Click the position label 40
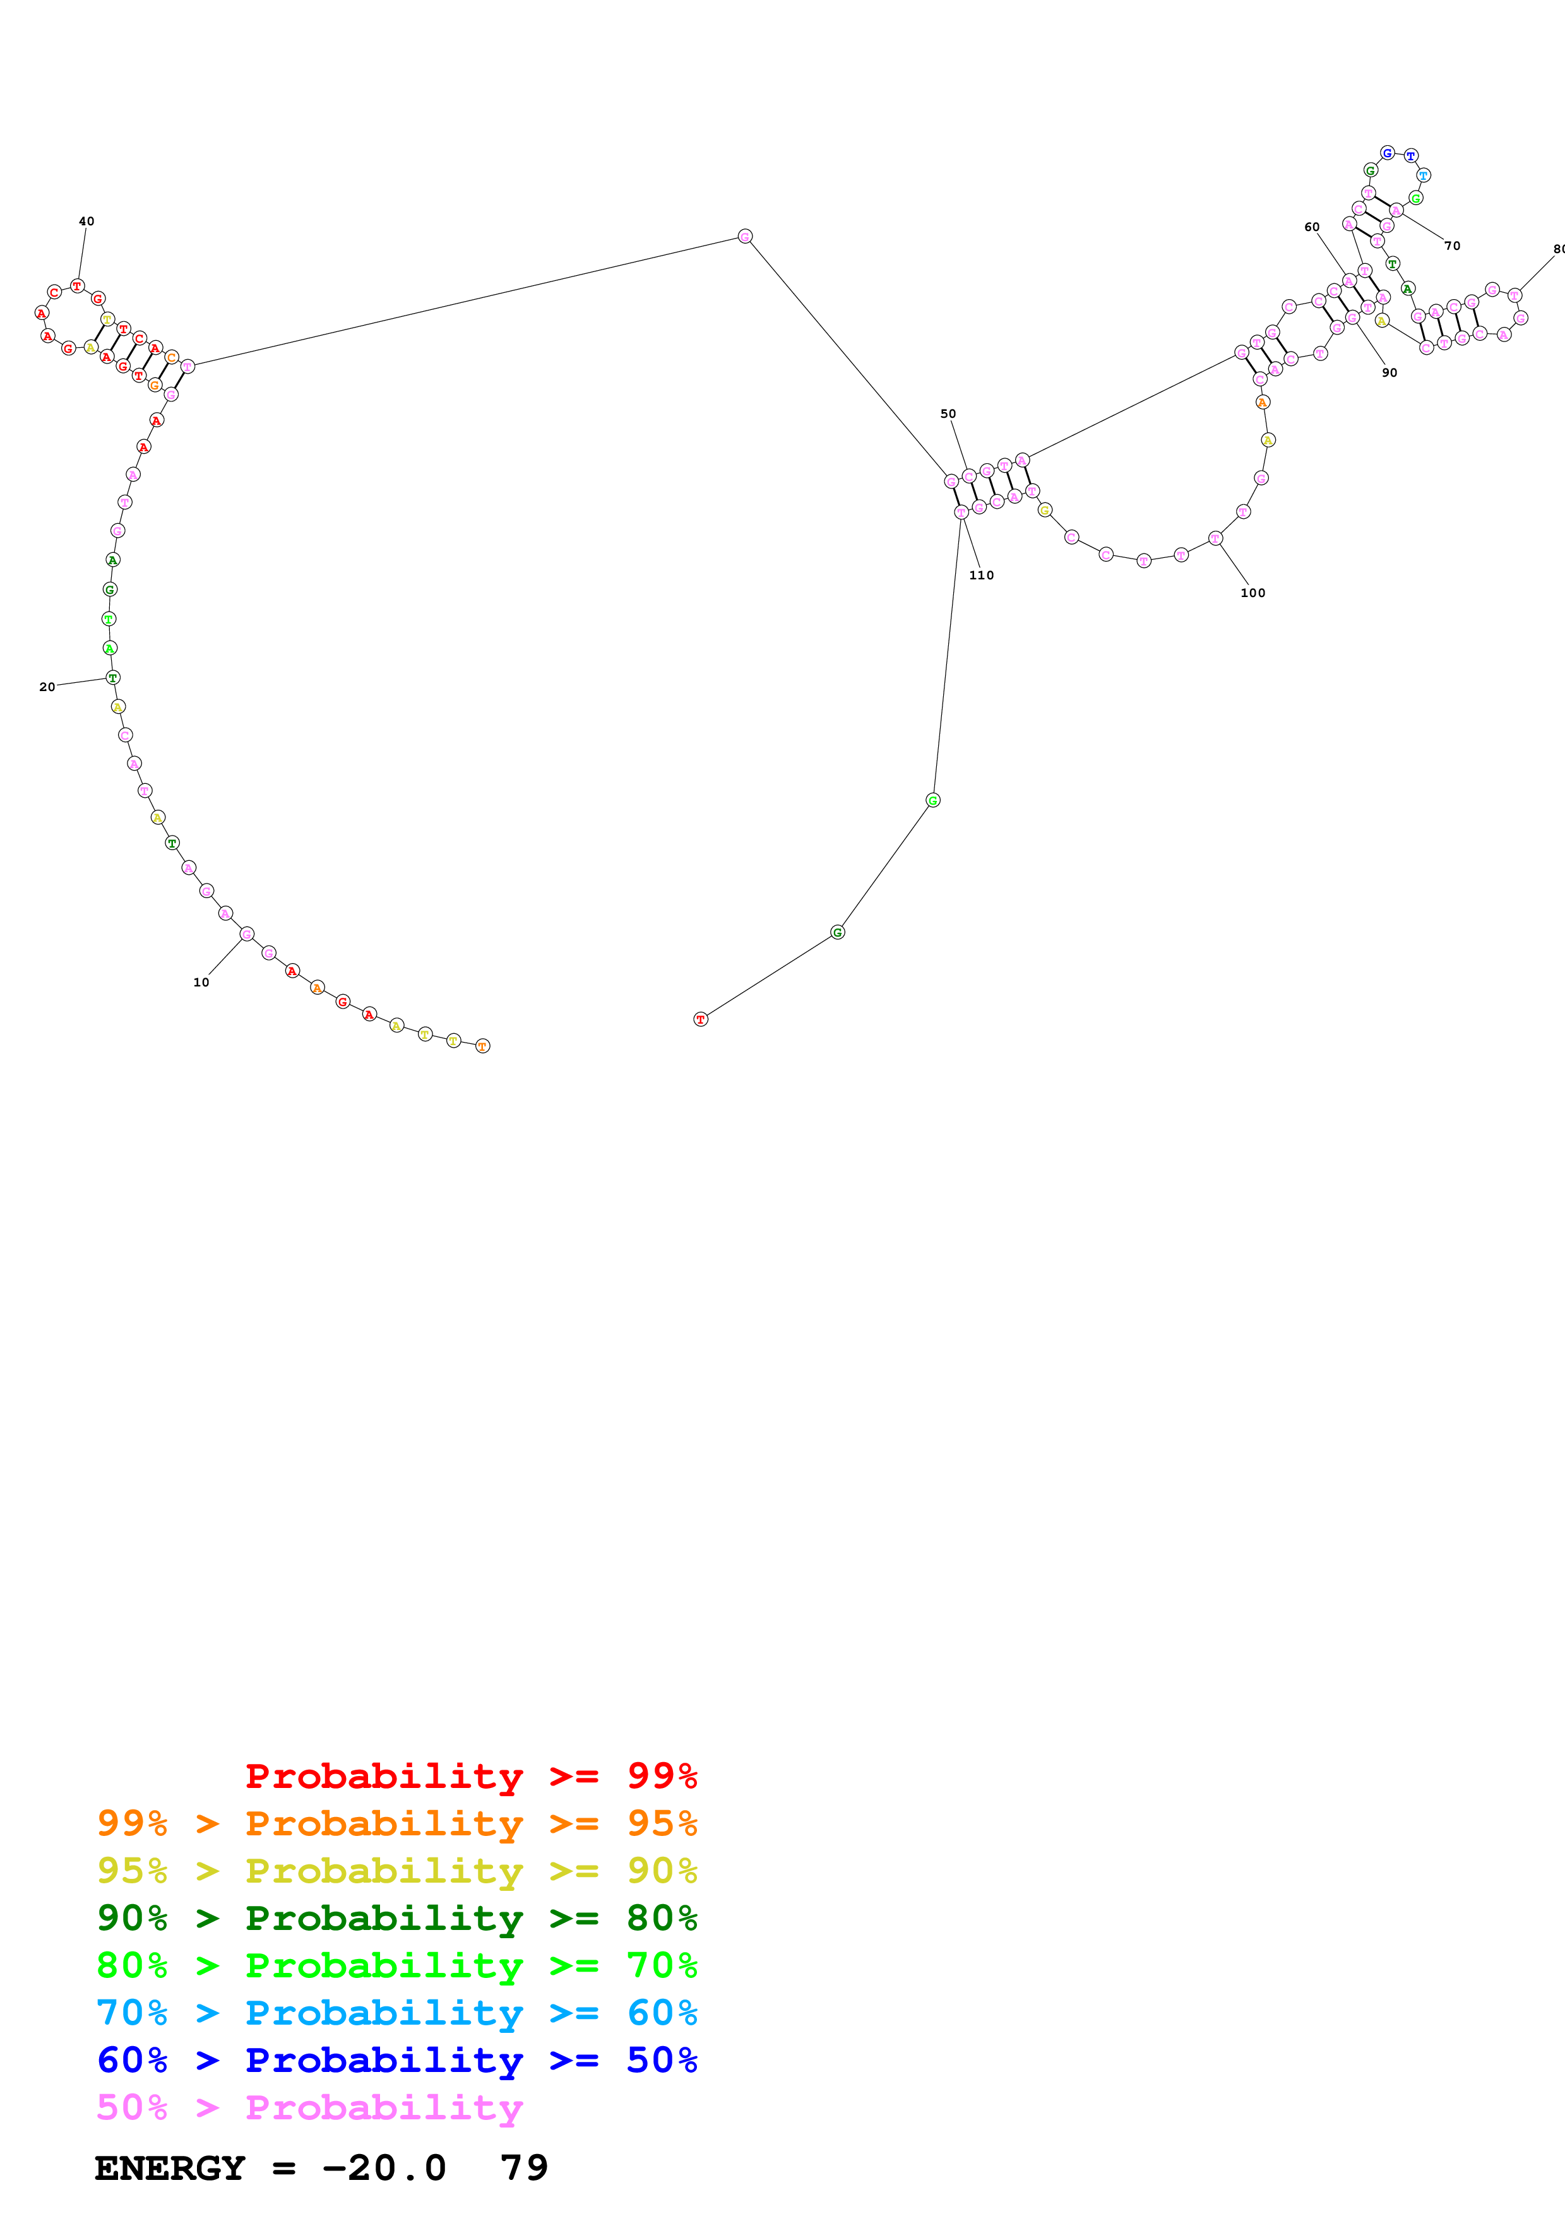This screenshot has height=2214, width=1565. [x=86, y=221]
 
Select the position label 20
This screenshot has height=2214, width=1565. [x=46, y=687]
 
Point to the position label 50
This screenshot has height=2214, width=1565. [x=948, y=413]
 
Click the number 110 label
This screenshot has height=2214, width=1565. [x=980, y=575]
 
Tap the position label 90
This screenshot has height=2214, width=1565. [x=1388, y=372]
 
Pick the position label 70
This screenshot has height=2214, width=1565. [x=1451, y=246]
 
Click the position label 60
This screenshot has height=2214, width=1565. [x=1311, y=228]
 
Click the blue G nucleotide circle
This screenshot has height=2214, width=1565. [x=1386, y=152]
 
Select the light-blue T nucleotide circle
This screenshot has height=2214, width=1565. [x=1423, y=175]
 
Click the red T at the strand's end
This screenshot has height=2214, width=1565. [x=700, y=1019]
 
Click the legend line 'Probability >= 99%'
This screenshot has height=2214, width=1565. [x=470, y=1775]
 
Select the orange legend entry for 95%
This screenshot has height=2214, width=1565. [x=396, y=1823]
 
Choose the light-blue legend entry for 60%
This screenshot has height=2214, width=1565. [x=396, y=2013]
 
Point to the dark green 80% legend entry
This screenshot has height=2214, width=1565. [x=396, y=1918]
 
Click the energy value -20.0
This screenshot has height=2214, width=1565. [x=384, y=2168]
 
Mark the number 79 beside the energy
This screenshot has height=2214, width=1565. [x=523, y=2168]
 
